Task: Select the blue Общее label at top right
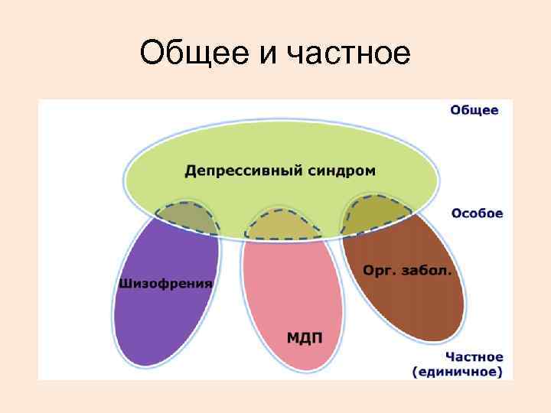pyautogui.click(x=474, y=110)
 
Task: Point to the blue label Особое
pyautogui.click(x=477, y=213)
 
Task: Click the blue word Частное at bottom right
pyautogui.click(x=474, y=357)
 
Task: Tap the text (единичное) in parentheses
pyautogui.click(x=458, y=372)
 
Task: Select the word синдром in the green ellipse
pyautogui.click(x=341, y=170)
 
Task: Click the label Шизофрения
pyautogui.click(x=165, y=283)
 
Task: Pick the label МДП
pyautogui.click(x=304, y=337)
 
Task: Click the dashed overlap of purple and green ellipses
pyautogui.click(x=185, y=218)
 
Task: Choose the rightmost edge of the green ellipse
pyautogui.click(x=440, y=180)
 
